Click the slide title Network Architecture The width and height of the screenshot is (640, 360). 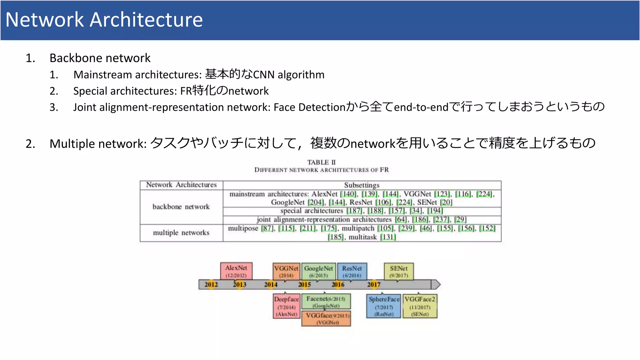pos(104,20)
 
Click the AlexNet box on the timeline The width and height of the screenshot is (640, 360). pos(236,271)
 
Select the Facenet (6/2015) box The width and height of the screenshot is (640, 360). pos(326,302)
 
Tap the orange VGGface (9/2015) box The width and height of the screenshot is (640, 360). pos(326,318)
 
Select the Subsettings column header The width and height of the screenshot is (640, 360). pos(362,185)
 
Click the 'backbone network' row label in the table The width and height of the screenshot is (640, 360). pos(181,207)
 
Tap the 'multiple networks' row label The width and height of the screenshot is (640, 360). pos(181,233)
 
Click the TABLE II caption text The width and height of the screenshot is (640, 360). pos(321,162)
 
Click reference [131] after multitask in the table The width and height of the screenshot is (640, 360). pos(388,237)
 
